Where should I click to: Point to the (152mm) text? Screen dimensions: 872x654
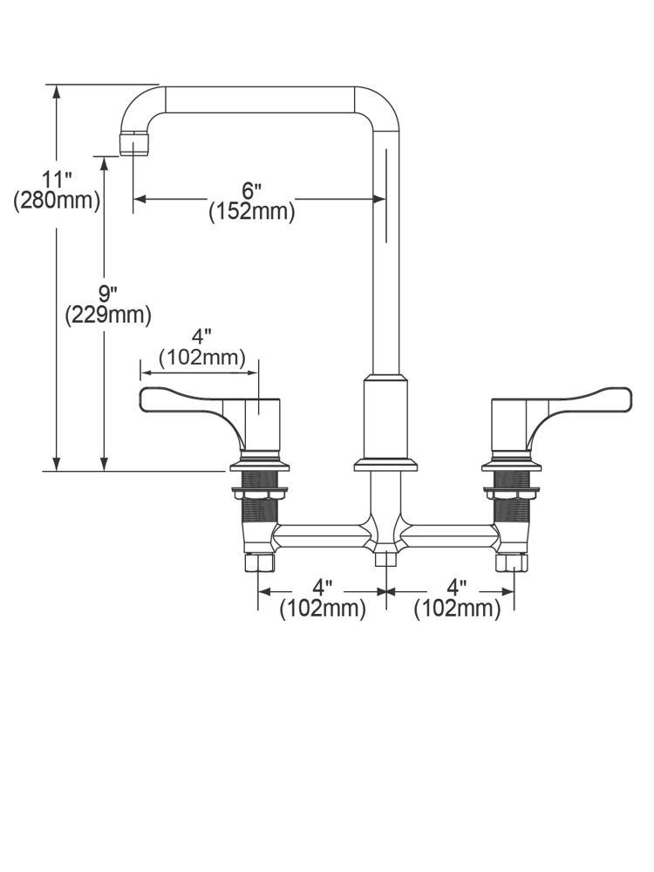coord(252,211)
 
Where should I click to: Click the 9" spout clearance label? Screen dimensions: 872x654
coord(109,295)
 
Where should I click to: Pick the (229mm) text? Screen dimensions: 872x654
coord(109,314)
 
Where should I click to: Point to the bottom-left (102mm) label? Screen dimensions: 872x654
coord(322,609)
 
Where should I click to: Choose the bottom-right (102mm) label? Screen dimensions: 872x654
coord(457,609)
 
